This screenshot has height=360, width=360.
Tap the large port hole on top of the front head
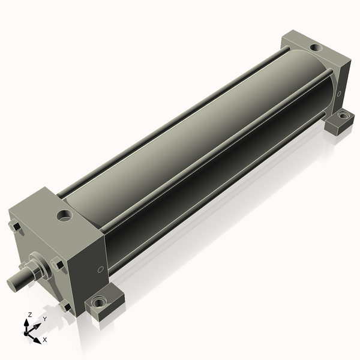[x=65, y=215]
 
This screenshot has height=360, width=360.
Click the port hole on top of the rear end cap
[x=316, y=48]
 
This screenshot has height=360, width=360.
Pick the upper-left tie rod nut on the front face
[x=14, y=227]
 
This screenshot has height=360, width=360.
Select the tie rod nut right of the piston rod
[x=57, y=264]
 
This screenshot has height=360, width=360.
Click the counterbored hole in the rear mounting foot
[x=343, y=115]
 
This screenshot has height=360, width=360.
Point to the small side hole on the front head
[x=100, y=269]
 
